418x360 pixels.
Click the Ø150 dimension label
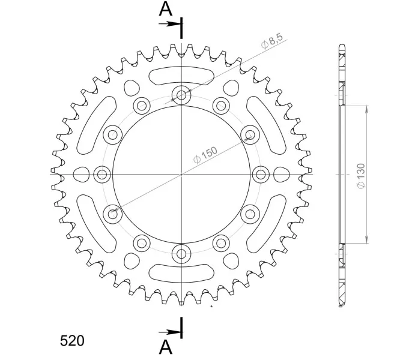pyautogui.click(x=205, y=155)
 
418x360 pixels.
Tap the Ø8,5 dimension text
pyautogui.click(x=271, y=41)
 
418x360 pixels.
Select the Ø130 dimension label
pyautogui.click(x=361, y=176)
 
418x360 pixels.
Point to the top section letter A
pyautogui.click(x=166, y=9)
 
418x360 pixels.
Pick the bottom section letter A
pyautogui.click(x=166, y=347)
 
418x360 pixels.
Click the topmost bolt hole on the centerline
pyautogui.click(x=181, y=95)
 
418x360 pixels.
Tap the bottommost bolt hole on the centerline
pyautogui.click(x=181, y=253)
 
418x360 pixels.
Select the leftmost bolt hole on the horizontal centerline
pyautogui.click(x=102, y=175)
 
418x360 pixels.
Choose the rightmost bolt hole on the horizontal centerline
pyautogui.click(x=261, y=175)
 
